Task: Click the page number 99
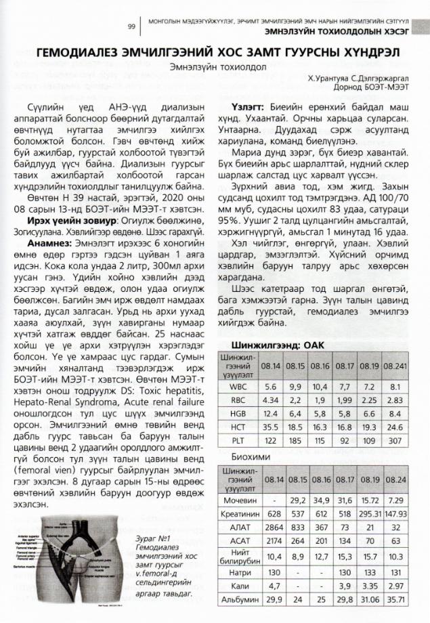pyautogui.click(x=131, y=26)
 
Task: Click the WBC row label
pyautogui.click(x=238, y=386)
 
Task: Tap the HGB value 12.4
pyautogui.click(x=270, y=412)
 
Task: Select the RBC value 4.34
pyautogui.click(x=270, y=400)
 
